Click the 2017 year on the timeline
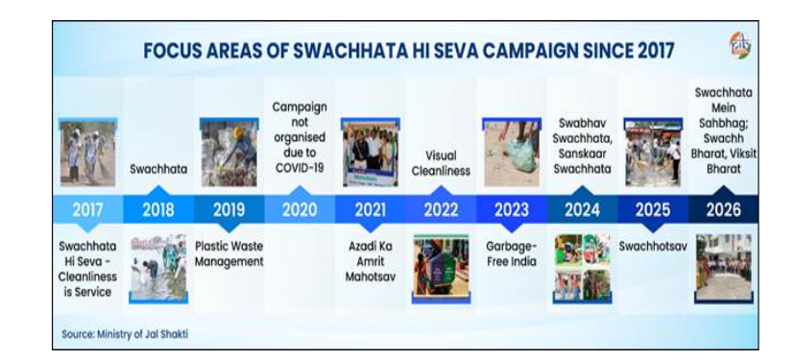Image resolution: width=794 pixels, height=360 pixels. (87, 209)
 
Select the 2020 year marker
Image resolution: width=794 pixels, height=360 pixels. (300, 209)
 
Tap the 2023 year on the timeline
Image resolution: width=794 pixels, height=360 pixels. (512, 209)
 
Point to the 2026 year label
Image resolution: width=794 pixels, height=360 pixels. (724, 209)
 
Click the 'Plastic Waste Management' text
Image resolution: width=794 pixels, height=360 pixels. (229, 254)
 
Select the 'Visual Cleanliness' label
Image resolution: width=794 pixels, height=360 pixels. (441, 163)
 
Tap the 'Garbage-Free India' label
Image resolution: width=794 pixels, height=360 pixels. (512, 254)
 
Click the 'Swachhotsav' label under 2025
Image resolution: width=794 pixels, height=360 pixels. (653, 247)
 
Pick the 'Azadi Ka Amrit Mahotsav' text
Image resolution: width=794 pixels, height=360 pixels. (371, 262)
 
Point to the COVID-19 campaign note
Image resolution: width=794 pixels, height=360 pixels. (300, 137)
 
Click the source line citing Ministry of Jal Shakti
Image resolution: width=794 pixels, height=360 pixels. (125, 335)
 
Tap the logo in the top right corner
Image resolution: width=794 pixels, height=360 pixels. (740, 46)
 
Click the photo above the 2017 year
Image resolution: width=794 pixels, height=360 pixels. (87, 152)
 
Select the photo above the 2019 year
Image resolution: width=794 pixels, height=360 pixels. (229, 152)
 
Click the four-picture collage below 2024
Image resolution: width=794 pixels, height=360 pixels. (582, 269)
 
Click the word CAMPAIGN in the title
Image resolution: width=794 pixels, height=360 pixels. (522, 51)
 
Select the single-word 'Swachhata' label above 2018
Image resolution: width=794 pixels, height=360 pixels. (158, 169)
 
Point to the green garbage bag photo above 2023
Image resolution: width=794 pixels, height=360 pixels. (512, 152)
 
